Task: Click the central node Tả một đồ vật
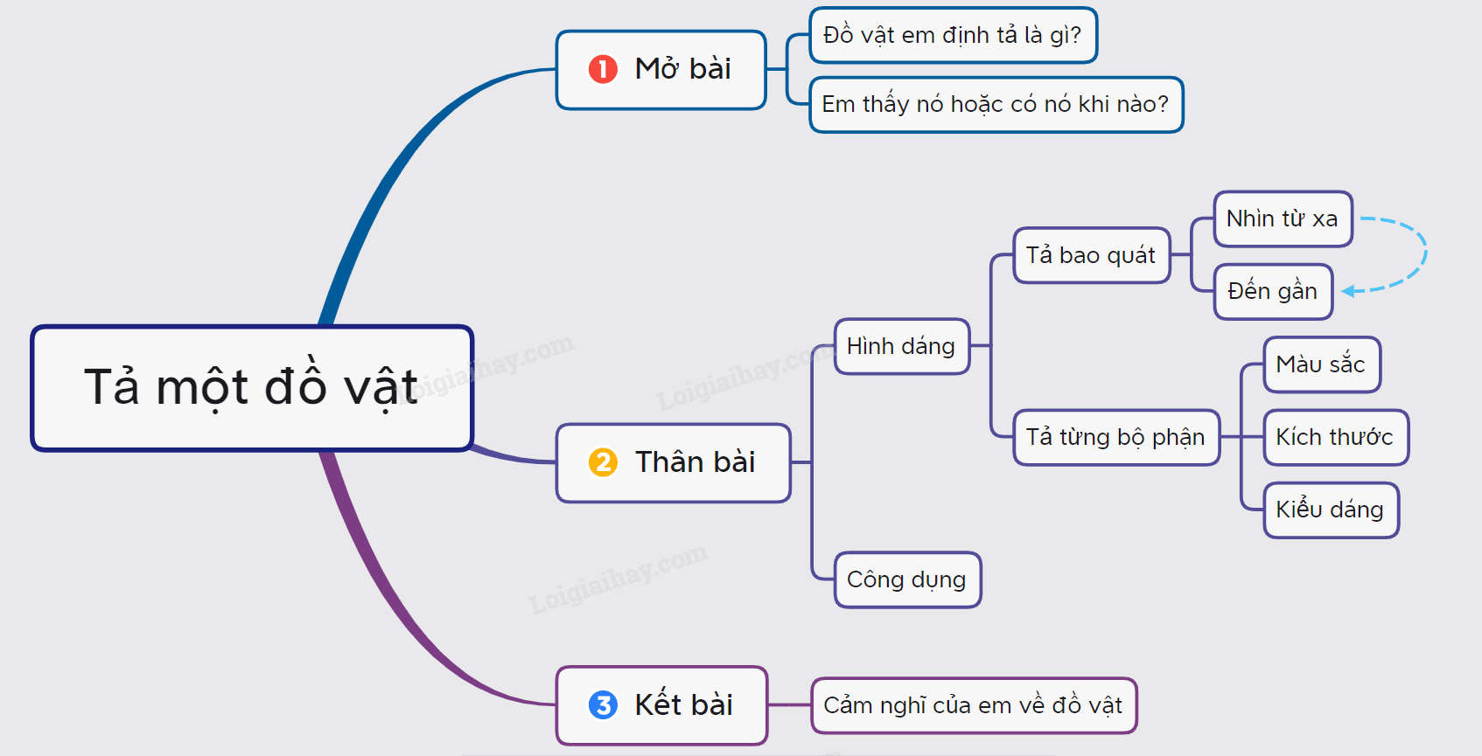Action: pos(252,388)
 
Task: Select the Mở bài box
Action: pos(661,69)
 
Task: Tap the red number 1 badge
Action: pos(603,69)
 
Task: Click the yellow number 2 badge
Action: pos(603,462)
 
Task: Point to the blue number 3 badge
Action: pos(603,704)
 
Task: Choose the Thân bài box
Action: pos(674,462)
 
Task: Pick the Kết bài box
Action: pos(661,705)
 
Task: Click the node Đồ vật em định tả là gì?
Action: pos(954,35)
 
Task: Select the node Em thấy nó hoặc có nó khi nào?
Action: pos(996,104)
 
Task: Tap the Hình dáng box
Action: pos(903,346)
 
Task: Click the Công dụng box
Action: pos(908,579)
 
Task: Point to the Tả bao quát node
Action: pos(1092,255)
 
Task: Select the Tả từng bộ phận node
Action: pos(1117,438)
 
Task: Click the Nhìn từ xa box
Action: pos(1283,218)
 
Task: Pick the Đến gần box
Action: pos(1274,291)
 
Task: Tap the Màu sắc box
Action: pos(1322,364)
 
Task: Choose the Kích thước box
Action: pos(1336,438)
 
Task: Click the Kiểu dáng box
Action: pos(1332,510)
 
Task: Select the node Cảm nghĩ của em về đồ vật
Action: pos(974,706)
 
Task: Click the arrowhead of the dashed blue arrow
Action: pos(1348,291)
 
